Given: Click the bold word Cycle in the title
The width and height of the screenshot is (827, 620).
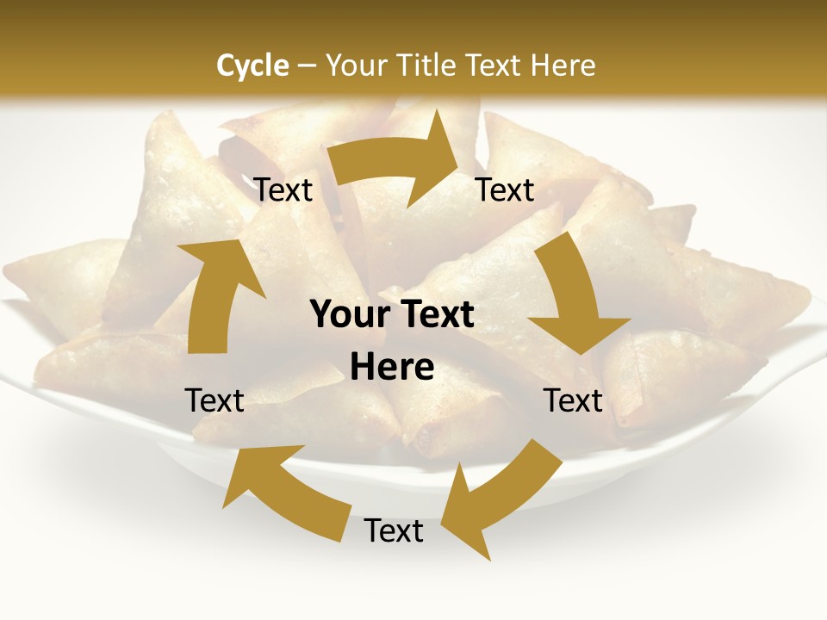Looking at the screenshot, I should [x=252, y=65].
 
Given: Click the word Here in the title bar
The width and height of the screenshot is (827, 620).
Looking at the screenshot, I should [x=563, y=65].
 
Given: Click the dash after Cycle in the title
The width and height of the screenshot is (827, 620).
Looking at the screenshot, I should [x=307, y=66].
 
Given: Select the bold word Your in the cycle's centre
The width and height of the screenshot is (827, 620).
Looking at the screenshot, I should [x=349, y=315].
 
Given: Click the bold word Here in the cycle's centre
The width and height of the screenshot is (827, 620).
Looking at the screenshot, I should [x=393, y=368].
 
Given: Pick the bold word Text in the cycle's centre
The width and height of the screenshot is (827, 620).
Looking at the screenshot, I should [x=435, y=315].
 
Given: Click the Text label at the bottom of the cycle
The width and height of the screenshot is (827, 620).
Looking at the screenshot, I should [x=394, y=531].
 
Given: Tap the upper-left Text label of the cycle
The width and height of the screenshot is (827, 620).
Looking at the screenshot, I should [x=283, y=190].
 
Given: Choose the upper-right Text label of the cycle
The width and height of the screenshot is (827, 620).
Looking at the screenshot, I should [x=505, y=190].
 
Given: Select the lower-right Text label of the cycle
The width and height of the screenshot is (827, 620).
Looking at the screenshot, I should [x=573, y=400].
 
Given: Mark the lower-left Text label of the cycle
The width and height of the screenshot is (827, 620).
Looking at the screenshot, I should [x=215, y=400].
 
